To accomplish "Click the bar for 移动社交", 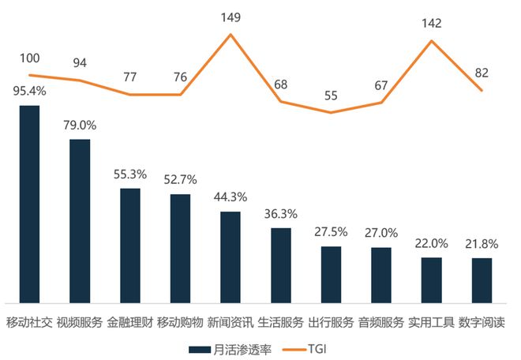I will coord(29,204).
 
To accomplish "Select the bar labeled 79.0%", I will coord(80,221).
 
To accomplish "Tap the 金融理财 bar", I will coord(129,246).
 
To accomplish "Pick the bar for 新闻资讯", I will coord(231,257).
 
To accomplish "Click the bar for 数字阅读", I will coord(482,280).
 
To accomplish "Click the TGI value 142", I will coord(431,23).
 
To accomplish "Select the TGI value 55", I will coord(331,95).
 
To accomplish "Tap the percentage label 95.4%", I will coord(29,91).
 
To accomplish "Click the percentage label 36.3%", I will coord(280,214).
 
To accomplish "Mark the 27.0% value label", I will coord(381,234).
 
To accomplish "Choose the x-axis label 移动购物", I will coord(180,323).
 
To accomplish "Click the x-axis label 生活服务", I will coord(280,323).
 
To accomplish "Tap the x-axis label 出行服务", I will coord(331,323).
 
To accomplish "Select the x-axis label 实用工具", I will coord(431,323).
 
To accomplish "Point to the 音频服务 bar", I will coord(381,275).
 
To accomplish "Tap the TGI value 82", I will coord(482,73).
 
